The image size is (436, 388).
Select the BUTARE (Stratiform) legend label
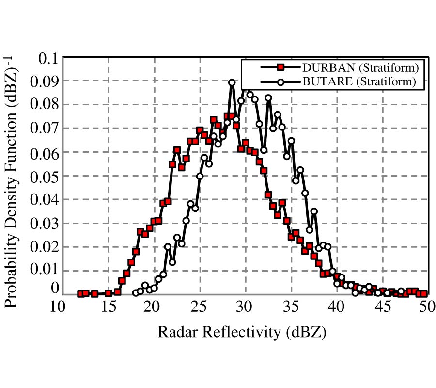coord(359,82)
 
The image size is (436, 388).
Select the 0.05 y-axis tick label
coord(43,176)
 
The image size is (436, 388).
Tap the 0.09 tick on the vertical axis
coord(43,81)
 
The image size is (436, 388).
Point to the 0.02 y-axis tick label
coord(43,247)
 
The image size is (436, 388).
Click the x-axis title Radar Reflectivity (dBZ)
coord(242,333)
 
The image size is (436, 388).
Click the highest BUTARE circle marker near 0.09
coord(232,83)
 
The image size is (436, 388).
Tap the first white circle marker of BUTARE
coord(136,293)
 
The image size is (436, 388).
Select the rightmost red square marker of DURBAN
coord(424,293)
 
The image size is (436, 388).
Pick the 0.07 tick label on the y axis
coord(43,129)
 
